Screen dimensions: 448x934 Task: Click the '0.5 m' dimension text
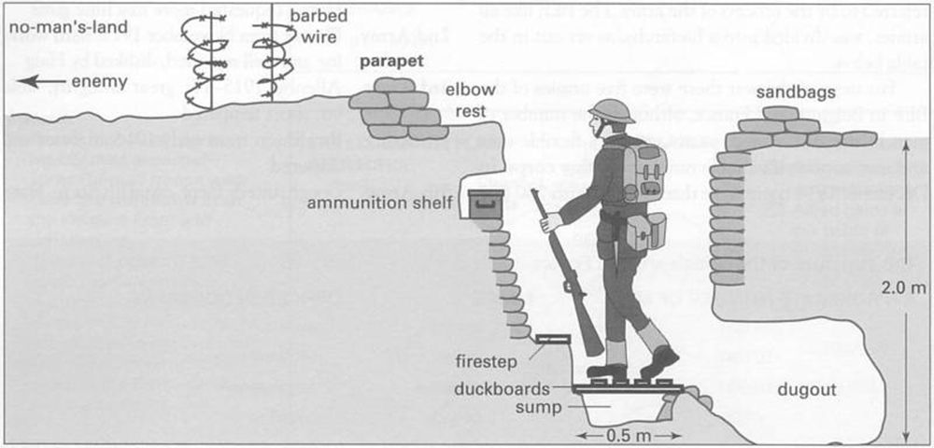click(621, 436)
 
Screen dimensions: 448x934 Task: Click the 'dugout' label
click(807, 390)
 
